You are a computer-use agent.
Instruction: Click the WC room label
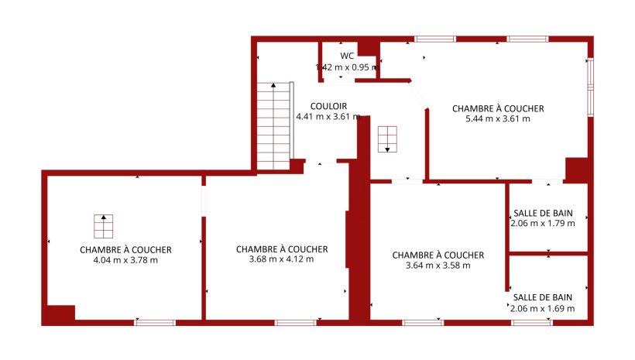[x=347, y=56]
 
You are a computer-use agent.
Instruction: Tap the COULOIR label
[x=328, y=106]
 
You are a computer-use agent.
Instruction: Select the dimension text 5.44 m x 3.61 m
[x=498, y=118]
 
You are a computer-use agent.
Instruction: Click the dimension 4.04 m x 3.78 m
[x=125, y=260]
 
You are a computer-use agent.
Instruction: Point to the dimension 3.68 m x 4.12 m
[x=281, y=259]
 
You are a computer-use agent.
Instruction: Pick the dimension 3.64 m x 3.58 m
[x=438, y=266]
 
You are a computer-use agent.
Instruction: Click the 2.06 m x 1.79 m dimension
[x=543, y=223]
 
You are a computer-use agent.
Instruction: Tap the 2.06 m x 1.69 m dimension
[x=542, y=309]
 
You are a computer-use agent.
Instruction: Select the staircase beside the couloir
[x=274, y=126]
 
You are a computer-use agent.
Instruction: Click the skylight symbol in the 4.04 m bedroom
[x=103, y=226]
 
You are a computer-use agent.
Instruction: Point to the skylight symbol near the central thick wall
[x=387, y=139]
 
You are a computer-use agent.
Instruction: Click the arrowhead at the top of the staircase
[x=273, y=85]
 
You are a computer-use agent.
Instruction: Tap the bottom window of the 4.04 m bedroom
[x=155, y=323]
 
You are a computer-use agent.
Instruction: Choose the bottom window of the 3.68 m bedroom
[x=296, y=323]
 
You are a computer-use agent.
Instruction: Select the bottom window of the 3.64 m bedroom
[x=423, y=323]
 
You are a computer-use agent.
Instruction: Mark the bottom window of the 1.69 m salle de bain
[x=532, y=323]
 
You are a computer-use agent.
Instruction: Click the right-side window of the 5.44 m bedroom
[x=590, y=87]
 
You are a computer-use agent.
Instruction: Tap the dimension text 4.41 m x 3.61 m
[x=328, y=117]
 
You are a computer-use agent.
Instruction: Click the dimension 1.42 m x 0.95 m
[x=347, y=67]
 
